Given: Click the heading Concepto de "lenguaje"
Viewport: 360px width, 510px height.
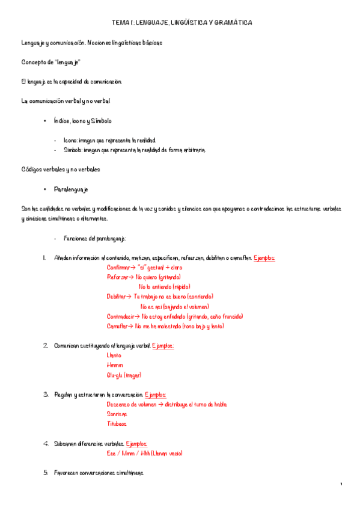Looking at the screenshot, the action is point(50,62).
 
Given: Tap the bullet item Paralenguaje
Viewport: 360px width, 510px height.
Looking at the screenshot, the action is point(71,189).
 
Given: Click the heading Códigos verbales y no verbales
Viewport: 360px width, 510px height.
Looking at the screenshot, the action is point(61,170).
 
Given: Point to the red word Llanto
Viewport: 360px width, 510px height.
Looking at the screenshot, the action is point(114,355).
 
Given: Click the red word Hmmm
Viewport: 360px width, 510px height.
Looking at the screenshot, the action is point(115,365).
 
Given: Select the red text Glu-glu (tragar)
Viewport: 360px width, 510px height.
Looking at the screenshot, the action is point(124,375).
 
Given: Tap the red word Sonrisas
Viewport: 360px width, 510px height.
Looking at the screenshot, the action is point(117,414).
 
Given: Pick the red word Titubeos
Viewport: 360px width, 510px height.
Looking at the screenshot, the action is point(117,424).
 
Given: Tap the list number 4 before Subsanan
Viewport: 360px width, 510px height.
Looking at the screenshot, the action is point(46,444).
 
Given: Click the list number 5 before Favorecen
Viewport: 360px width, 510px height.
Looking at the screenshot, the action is point(46,473).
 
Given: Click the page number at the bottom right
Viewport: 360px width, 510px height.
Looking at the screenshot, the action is point(341,485).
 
